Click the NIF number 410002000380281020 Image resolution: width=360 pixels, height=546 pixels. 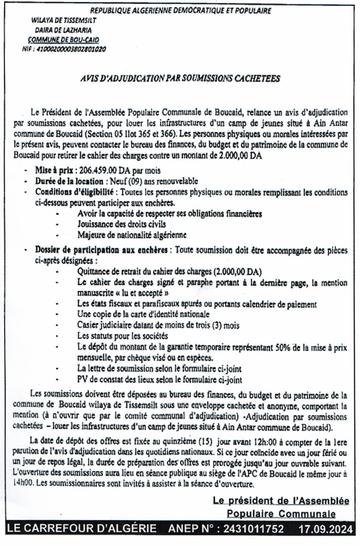tap(69, 49)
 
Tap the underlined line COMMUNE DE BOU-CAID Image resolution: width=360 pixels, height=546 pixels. tap(64, 40)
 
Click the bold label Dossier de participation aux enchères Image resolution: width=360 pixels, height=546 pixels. tap(101, 250)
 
